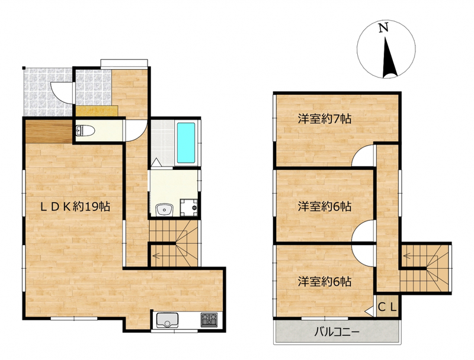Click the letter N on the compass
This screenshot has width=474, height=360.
[383, 28]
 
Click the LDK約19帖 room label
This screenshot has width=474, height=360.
[75, 207]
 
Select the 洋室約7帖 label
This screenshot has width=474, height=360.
[324, 118]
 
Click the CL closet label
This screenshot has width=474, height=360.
[387, 308]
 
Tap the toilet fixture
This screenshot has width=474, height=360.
[85, 131]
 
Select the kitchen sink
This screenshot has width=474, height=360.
[167, 320]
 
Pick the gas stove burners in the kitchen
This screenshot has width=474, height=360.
[209, 320]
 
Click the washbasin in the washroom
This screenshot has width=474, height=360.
[164, 210]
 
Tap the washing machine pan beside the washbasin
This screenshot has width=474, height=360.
[188, 207]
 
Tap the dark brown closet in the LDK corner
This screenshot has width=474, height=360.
[49, 131]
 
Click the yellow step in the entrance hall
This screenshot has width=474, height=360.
[97, 110]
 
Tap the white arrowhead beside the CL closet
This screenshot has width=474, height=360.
[370, 311]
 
